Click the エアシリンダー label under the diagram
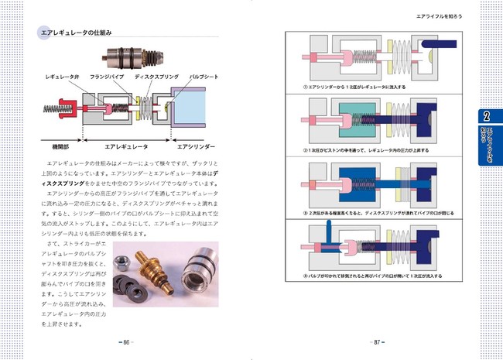[x=196, y=145]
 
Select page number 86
[x=127, y=341]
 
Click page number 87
[x=375, y=341]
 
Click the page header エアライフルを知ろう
[x=443, y=15]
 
